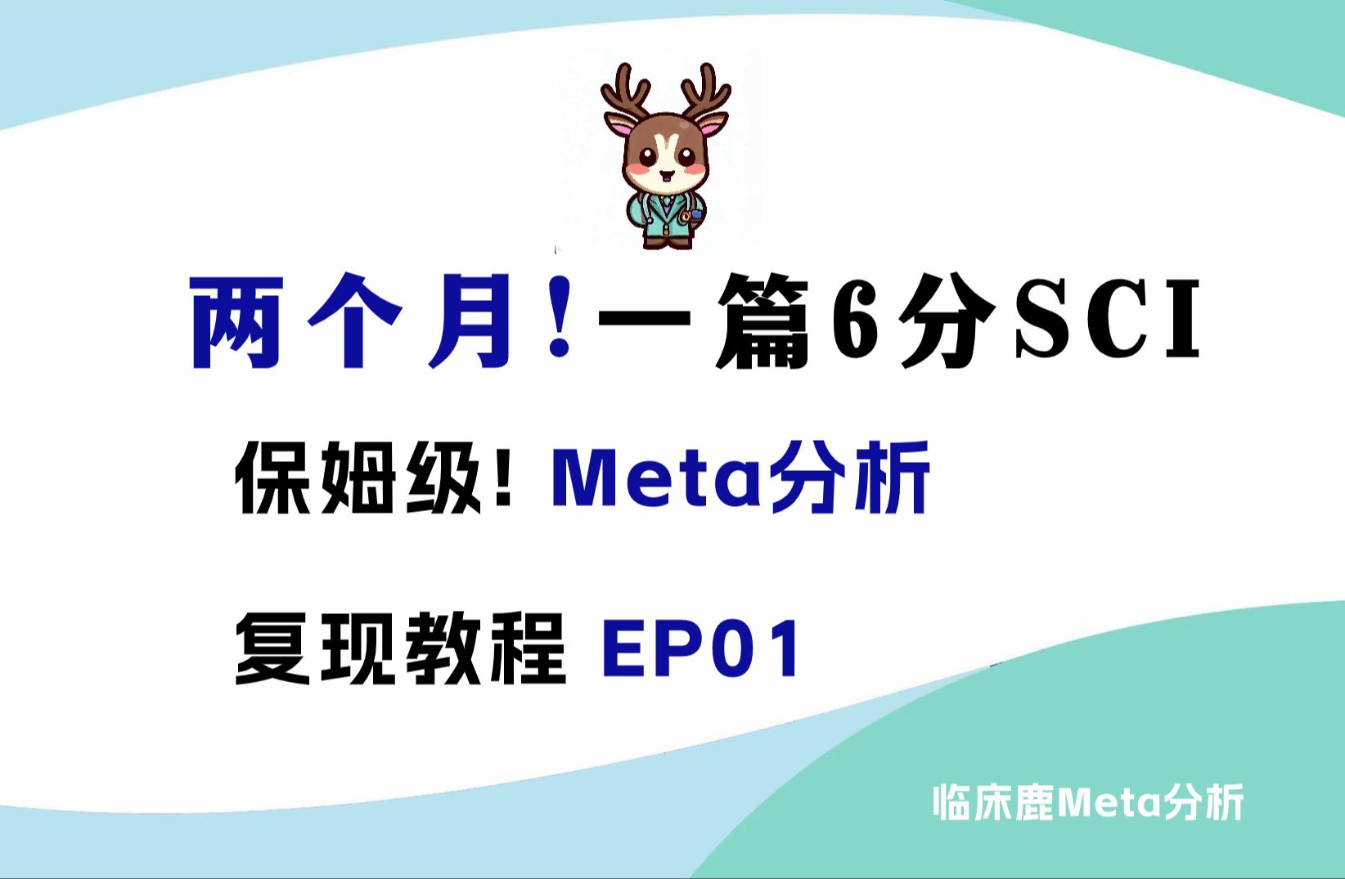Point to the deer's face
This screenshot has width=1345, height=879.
(x=665, y=159)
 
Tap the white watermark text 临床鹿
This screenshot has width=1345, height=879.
(x=993, y=802)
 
